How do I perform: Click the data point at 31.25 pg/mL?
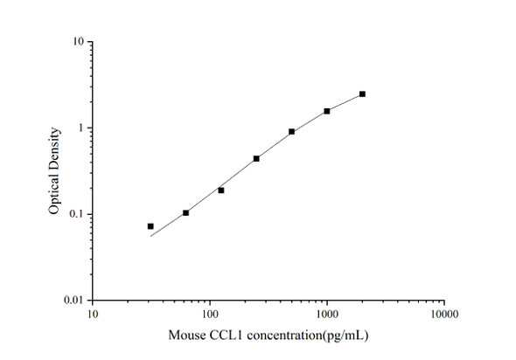[x=150, y=226]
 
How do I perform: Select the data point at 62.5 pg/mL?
[x=185, y=212]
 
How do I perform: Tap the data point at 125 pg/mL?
[x=221, y=190]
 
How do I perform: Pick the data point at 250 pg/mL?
[x=256, y=158]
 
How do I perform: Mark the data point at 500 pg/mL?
[x=291, y=131]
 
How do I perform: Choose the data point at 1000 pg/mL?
[x=327, y=111]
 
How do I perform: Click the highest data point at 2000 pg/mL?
[x=362, y=93]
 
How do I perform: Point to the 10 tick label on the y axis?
[x=79, y=42]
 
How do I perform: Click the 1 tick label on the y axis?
[x=81, y=128]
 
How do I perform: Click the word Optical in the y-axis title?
[x=54, y=197]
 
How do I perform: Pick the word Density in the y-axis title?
[x=54, y=149]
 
